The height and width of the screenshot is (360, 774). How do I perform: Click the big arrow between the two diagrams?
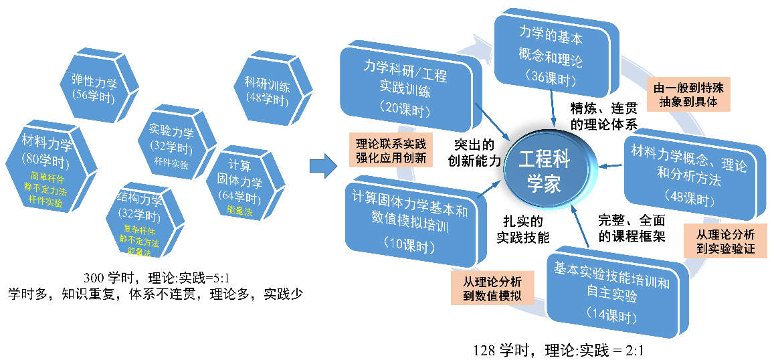(324, 167)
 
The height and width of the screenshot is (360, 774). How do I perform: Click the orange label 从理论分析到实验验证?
(725, 241)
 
